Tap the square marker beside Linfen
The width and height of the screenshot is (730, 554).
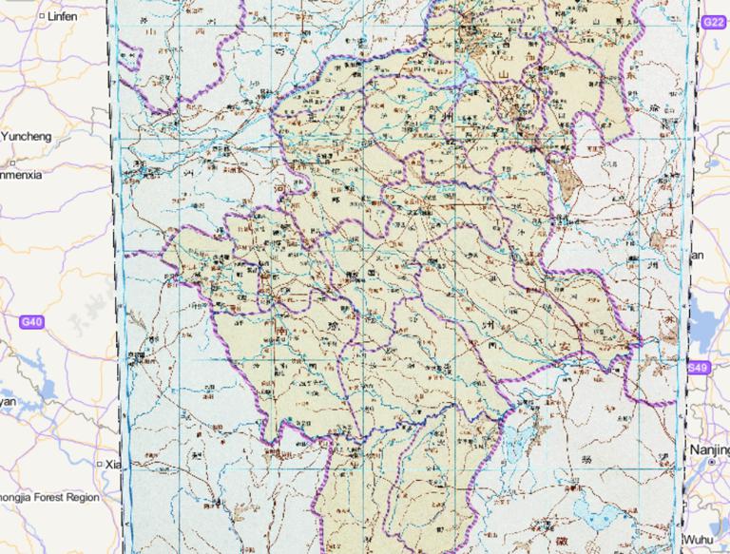tap(42, 16)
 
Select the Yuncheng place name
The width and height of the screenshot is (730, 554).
tap(26, 137)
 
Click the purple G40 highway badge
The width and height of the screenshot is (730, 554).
tap(31, 322)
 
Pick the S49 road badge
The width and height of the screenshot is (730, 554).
tap(699, 368)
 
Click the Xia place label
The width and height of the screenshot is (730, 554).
tap(114, 464)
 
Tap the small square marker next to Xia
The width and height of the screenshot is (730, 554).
tap(100, 464)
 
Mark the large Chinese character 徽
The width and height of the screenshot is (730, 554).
tap(538, 523)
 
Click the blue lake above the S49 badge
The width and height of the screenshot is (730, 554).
tap(708, 314)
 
